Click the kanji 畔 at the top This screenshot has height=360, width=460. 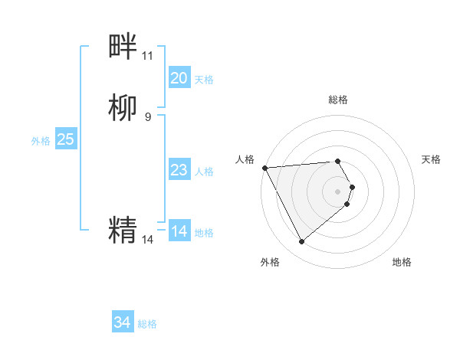(x=123, y=47)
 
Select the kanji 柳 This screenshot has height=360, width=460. (x=123, y=107)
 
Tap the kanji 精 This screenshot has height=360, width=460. (x=123, y=230)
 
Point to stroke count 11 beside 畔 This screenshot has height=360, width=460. (x=147, y=56)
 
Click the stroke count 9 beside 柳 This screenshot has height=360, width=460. (x=147, y=116)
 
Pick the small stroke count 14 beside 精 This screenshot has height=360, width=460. (x=147, y=239)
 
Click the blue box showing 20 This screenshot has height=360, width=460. (x=179, y=78)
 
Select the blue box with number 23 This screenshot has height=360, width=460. (x=179, y=170)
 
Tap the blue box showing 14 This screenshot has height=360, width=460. (x=179, y=231)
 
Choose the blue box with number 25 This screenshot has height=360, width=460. (x=65, y=139)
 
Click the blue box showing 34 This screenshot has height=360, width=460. (x=122, y=323)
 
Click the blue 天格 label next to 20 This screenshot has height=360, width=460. (x=204, y=79)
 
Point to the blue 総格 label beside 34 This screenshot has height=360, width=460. (x=147, y=324)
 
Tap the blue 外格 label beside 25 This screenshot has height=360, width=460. (x=40, y=140)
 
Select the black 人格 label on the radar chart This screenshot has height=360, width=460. (x=245, y=159)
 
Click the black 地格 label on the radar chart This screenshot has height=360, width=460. (x=402, y=262)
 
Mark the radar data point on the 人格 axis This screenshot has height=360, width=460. (x=264, y=167)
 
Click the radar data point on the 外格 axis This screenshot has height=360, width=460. (x=301, y=242)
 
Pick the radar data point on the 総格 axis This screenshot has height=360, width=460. (x=337, y=161)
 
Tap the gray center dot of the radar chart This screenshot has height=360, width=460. (x=337, y=191)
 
